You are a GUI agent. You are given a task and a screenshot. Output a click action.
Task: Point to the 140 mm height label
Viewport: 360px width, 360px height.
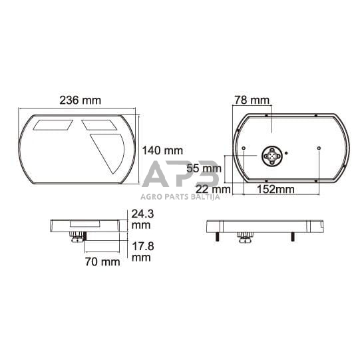tap(162, 150)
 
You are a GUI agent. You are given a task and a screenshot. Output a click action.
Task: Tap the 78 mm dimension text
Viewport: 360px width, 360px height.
tap(253, 100)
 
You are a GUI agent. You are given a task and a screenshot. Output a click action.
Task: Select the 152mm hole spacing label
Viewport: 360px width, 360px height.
tap(275, 190)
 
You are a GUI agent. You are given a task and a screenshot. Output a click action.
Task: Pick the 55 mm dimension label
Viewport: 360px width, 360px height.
tap(204, 168)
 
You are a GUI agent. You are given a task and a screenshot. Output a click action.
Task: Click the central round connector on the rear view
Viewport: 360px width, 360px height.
tap(273, 156)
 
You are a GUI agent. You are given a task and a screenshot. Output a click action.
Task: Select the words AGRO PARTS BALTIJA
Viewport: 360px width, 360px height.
tap(180, 196)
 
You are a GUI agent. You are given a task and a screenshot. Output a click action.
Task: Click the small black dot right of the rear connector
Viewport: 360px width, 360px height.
tap(287, 153)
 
